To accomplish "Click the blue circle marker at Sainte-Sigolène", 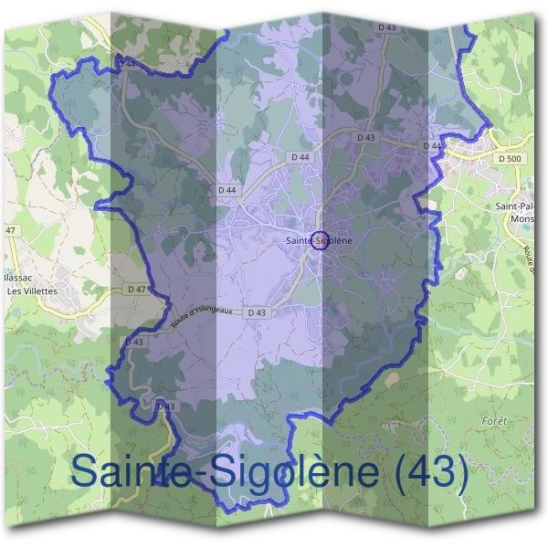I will click(x=319, y=240).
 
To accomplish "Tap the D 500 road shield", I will click(x=511, y=158).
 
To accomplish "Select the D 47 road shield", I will click(x=138, y=289).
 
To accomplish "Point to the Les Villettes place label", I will click(x=32, y=290).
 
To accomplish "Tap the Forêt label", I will click(x=493, y=420).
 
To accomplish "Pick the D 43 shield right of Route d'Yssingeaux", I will click(x=258, y=312).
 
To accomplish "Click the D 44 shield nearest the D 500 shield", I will click(x=433, y=146).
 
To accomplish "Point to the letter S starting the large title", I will click(x=88, y=471).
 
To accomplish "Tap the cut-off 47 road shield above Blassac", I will click(x=11, y=230).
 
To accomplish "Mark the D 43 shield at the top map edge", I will click(x=387, y=27).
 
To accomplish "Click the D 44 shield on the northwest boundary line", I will click(x=128, y=62).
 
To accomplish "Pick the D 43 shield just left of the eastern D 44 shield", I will click(x=366, y=137).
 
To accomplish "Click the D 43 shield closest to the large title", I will click(x=165, y=406).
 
